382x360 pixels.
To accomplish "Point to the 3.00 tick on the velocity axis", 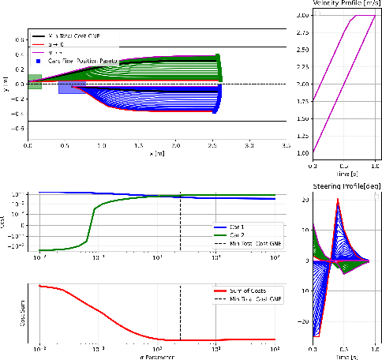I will pos(301,15).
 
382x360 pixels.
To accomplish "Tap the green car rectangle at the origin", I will pos(34,82).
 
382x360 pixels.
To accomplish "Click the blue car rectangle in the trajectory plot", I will pos(72,87).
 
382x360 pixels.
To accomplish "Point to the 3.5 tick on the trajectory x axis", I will pos(286,147).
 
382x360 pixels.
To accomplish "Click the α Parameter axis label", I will pos(156,357).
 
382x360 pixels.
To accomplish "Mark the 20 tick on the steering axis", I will pos(305,201).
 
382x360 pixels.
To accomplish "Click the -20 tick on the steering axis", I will pos(303,321).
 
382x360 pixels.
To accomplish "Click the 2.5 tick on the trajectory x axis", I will pos(212,147).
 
